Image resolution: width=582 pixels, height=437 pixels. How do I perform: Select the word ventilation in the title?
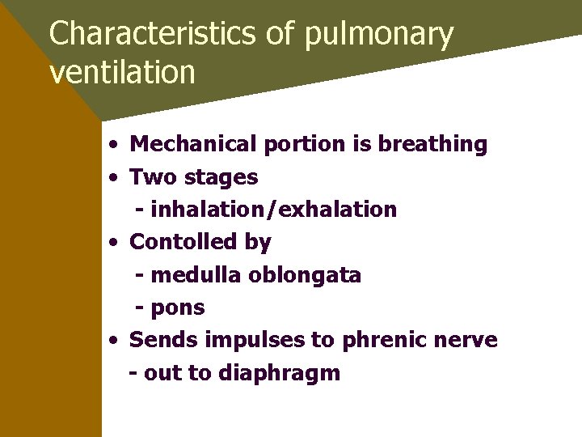[122, 72]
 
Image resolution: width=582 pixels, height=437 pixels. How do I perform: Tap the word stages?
[217, 177]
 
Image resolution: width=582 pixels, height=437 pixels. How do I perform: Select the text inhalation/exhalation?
[273, 210]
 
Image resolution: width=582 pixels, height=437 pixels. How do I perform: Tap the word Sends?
[162, 340]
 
